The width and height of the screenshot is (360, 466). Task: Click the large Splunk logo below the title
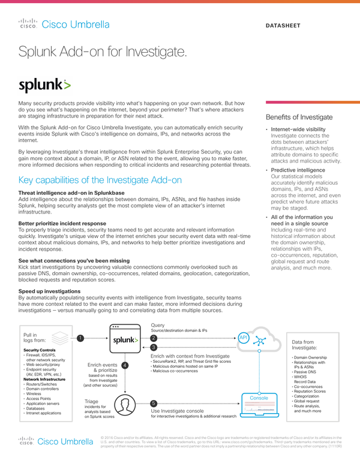point(44,85)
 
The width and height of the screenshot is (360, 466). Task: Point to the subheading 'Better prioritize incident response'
point(63,223)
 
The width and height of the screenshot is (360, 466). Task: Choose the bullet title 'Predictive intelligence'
point(298,170)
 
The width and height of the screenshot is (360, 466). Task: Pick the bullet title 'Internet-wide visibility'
point(298,129)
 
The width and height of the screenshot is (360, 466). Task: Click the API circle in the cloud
point(243,338)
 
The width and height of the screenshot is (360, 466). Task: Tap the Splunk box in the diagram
point(125,340)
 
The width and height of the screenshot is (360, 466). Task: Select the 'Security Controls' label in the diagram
point(40,350)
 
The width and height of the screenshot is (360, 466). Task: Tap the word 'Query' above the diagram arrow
point(158,324)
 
